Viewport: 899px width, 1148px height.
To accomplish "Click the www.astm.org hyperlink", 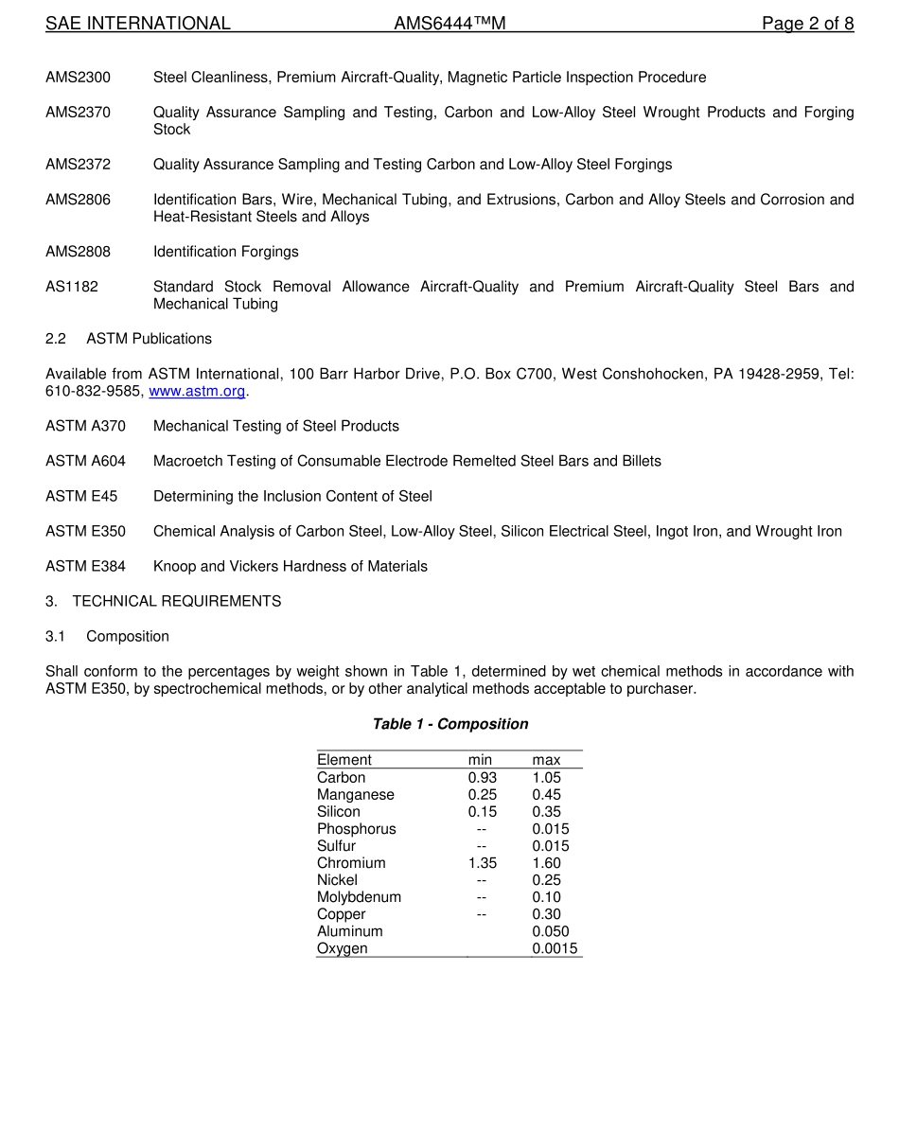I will (x=197, y=392).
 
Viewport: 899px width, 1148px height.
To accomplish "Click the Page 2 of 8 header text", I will (x=807, y=24).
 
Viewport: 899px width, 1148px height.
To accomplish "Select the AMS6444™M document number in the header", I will (x=449, y=24).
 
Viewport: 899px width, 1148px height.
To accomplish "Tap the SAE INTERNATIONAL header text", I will (x=138, y=24).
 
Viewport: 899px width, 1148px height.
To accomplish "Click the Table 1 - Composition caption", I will (x=449, y=724).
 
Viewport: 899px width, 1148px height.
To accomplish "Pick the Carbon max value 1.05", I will (x=546, y=778).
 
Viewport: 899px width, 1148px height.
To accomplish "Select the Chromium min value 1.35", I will (x=482, y=863).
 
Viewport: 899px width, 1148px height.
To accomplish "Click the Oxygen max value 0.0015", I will (x=555, y=948).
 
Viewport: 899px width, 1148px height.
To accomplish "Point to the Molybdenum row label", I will (x=359, y=897).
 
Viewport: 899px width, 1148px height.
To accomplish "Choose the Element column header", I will (x=344, y=760).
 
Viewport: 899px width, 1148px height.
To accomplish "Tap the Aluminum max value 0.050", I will (x=551, y=931).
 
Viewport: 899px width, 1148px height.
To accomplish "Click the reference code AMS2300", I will (x=78, y=78).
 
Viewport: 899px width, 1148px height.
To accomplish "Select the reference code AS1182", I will (x=72, y=287).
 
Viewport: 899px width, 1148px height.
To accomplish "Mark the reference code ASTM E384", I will (x=85, y=567).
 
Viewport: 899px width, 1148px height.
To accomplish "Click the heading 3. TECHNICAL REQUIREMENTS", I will (x=163, y=602).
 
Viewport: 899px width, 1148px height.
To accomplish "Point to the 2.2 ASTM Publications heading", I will (x=129, y=339).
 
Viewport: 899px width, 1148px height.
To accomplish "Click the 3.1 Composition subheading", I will (x=108, y=637).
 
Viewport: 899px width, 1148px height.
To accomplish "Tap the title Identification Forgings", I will (x=225, y=252).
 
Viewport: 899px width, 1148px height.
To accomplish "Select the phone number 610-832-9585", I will (x=95, y=392).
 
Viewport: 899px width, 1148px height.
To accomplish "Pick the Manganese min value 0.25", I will (x=482, y=795).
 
